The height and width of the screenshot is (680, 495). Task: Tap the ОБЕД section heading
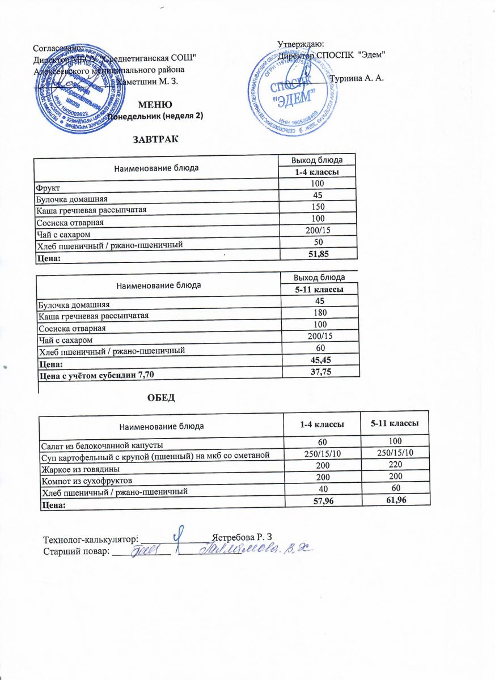[x=161, y=397]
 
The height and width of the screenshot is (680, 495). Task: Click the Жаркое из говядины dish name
[x=72, y=469]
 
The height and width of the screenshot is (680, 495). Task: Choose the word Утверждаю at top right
[x=301, y=44]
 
